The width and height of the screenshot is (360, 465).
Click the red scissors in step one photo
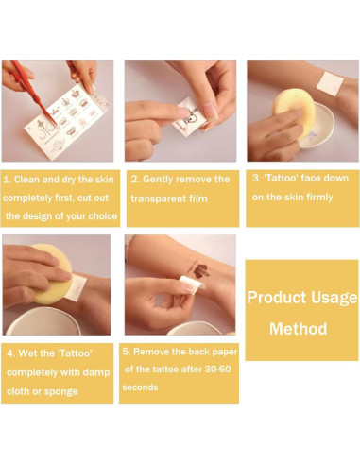35,95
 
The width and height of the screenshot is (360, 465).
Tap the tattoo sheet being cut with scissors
67,121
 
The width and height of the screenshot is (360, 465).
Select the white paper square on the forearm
330,82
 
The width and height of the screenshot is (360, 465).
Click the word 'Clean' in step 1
26,180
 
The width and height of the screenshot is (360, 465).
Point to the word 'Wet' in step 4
26,353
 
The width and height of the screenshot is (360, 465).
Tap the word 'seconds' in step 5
140,387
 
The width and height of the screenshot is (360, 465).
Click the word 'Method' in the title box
299,329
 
